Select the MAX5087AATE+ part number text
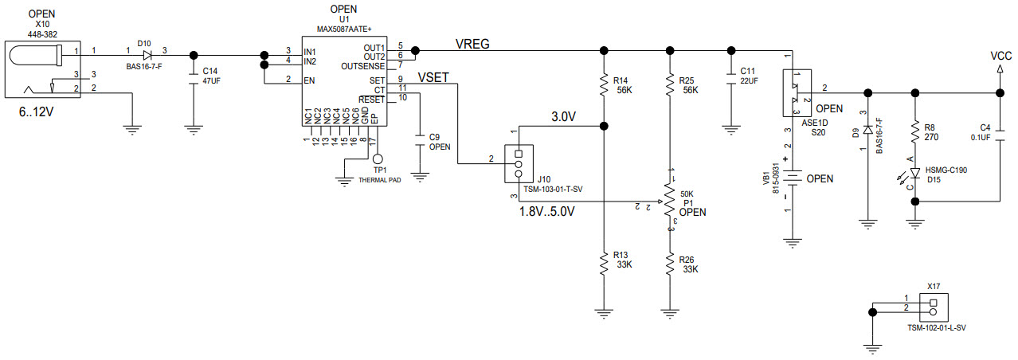(344, 29)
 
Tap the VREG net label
(472, 43)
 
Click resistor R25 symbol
(671, 85)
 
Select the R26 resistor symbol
(671, 264)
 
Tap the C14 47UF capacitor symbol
(192, 76)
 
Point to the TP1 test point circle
(378, 160)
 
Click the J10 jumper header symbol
(519, 163)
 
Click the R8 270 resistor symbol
(916, 132)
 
